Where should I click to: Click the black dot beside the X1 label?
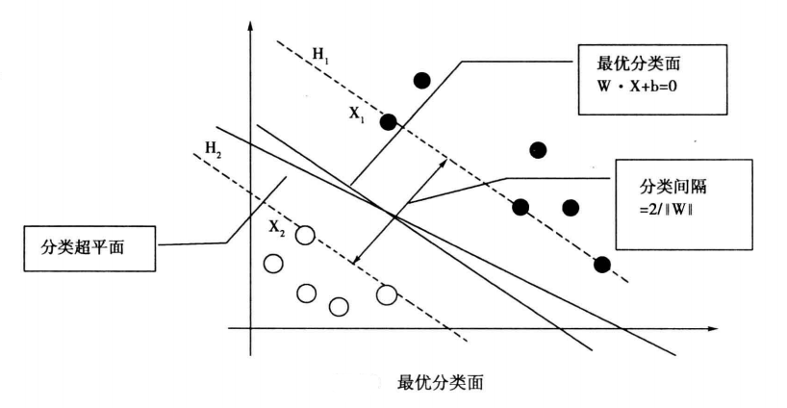tap(389, 122)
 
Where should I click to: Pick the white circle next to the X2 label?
tap(306, 234)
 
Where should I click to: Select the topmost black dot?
tap(421, 80)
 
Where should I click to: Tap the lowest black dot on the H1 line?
tap(602, 265)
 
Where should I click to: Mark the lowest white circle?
tap(339, 307)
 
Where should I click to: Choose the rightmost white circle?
tap(387, 294)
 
